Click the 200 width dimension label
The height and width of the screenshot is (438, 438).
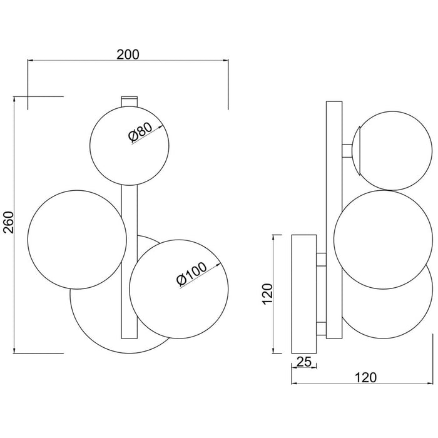point(128,54)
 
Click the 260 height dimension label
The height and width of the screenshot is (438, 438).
point(9,222)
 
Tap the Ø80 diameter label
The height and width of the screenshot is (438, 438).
point(141,132)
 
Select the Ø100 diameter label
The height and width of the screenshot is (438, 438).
point(192,274)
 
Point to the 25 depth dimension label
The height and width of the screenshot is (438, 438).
point(303,362)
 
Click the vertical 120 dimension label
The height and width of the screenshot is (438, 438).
point(267,294)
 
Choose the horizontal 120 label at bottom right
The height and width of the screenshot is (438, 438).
point(365,378)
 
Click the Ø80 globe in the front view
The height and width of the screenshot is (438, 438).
point(130,145)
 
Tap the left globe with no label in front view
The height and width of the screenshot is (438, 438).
point(77,240)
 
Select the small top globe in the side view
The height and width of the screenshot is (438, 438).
point(394,151)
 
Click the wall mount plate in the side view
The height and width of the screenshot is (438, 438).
point(304,294)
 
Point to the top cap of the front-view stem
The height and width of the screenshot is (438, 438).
point(129,101)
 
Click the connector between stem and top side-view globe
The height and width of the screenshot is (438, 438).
point(347,151)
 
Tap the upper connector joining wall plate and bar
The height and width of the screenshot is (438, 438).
point(321,259)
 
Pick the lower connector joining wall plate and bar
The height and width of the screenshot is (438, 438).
point(321,328)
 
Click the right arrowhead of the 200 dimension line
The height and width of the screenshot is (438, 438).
point(226,60)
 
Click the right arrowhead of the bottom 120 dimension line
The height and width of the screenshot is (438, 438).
point(430,383)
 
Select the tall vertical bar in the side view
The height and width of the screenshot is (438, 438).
point(334,220)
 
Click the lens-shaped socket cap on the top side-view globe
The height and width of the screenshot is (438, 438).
point(357,151)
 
